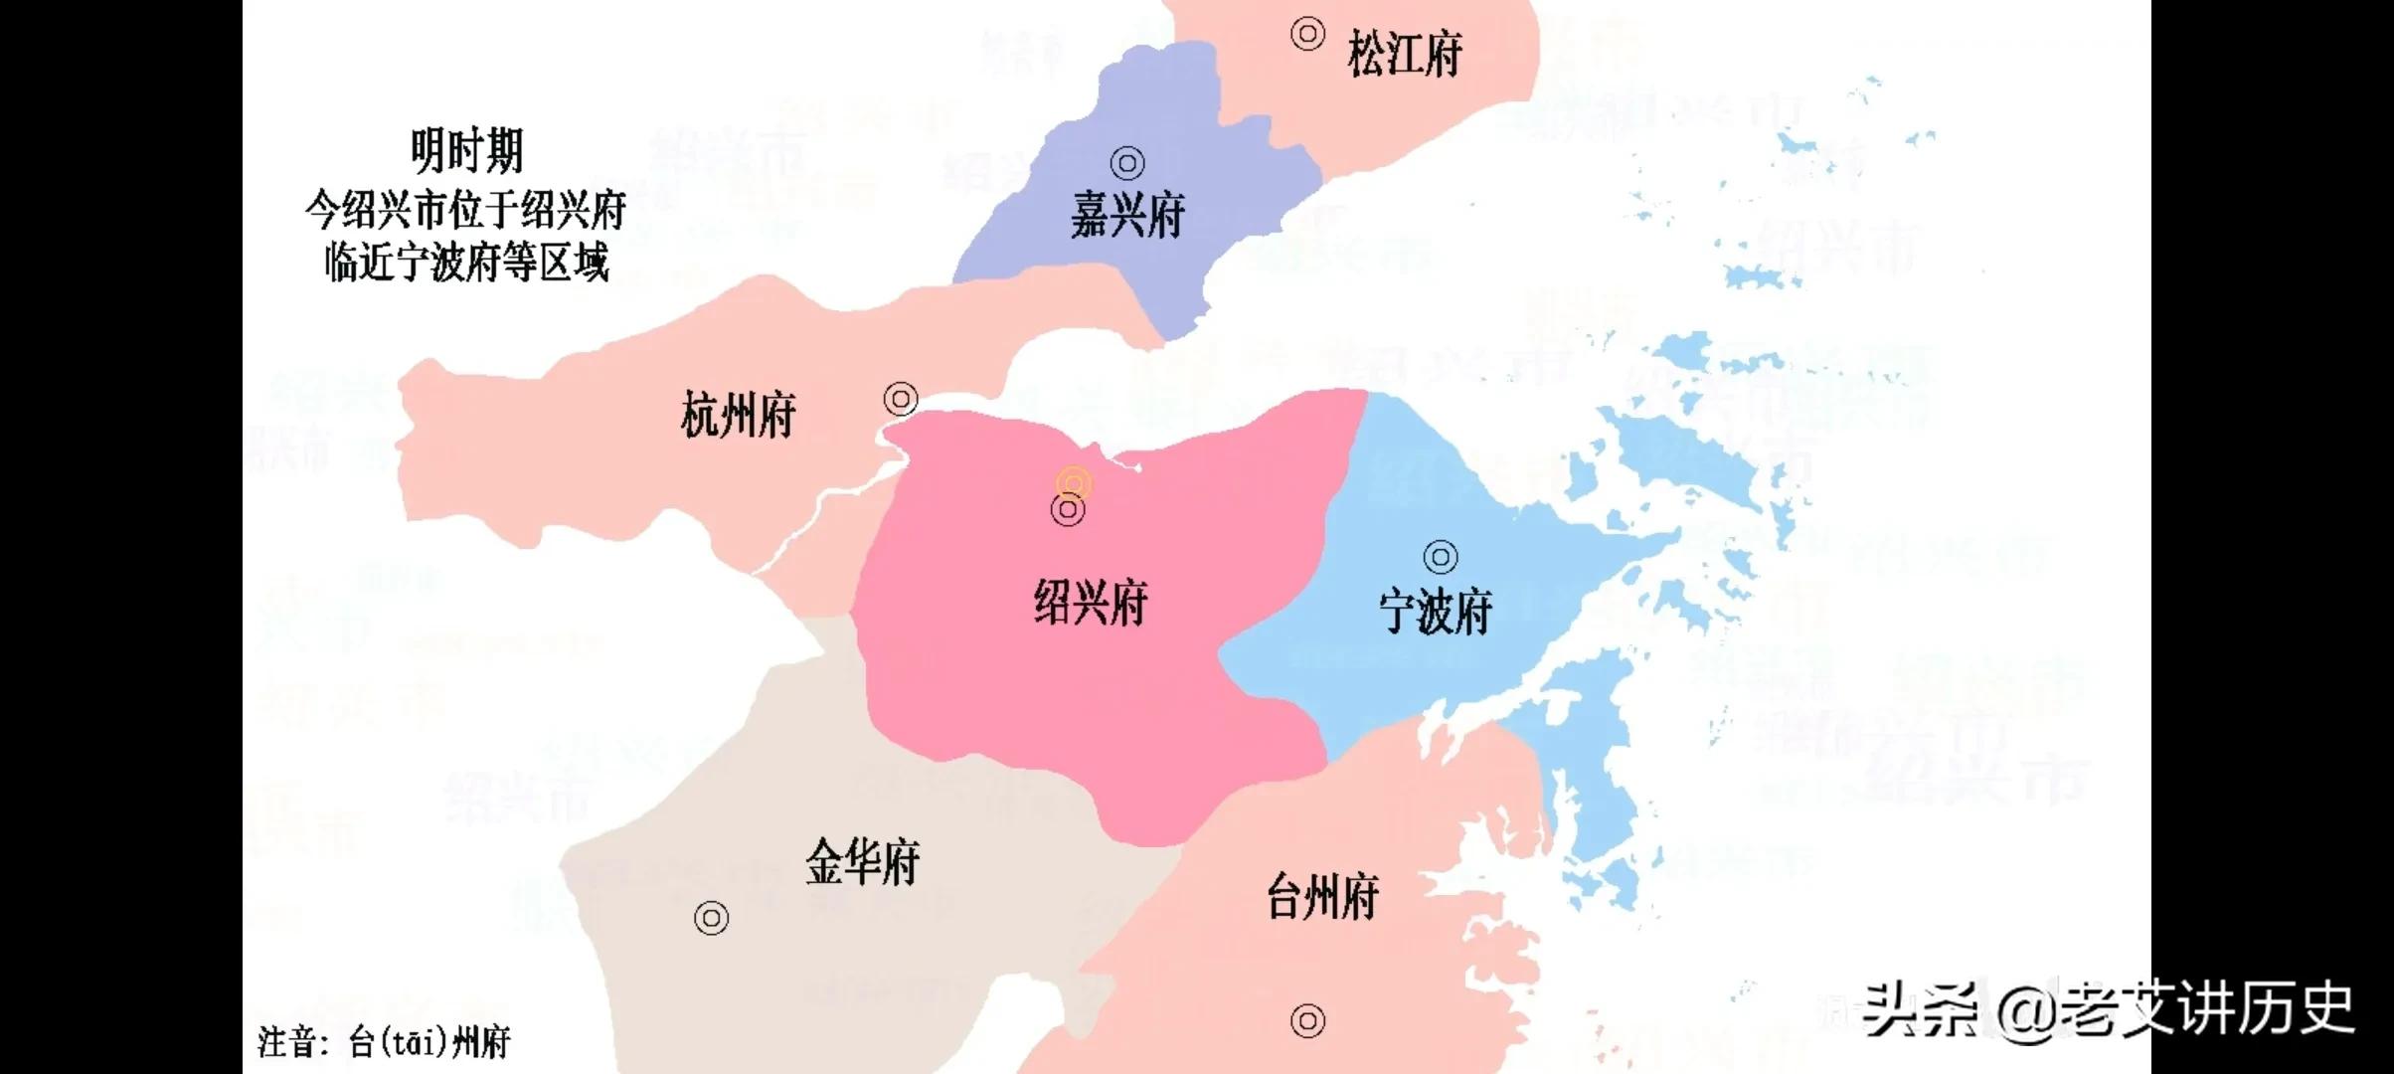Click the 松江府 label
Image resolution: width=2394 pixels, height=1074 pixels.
click(1404, 54)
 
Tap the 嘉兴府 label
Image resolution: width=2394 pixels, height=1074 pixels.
click(1127, 214)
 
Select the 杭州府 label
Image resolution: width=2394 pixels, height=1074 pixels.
click(738, 415)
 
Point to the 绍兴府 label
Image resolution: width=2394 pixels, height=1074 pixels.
click(1091, 603)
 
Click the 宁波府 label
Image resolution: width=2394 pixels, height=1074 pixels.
click(1436, 611)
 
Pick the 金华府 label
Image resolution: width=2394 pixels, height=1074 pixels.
click(862, 861)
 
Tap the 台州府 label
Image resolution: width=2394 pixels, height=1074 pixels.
click(1322, 896)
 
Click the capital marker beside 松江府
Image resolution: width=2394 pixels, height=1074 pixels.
click(1307, 34)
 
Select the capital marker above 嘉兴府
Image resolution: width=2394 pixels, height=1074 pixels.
click(1126, 162)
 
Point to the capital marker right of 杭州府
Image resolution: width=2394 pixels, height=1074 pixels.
click(901, 400)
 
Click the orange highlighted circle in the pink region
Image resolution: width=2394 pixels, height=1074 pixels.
click(1074, 484)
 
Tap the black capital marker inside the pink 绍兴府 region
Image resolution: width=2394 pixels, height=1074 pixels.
click(1068, 510)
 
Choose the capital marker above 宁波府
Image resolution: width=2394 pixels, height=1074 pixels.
click(1441, 557)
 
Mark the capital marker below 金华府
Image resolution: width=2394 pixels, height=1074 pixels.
click(711, 918)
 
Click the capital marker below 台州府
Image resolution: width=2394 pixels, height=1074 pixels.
click(1307, 1020)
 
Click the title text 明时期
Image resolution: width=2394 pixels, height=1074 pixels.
click(466, 152)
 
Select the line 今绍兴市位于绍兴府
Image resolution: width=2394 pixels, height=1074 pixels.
click(465, 210)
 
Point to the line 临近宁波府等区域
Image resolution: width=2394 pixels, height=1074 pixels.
click(465, 264)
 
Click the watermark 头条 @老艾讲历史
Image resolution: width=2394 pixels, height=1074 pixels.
click(2108, 1010)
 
